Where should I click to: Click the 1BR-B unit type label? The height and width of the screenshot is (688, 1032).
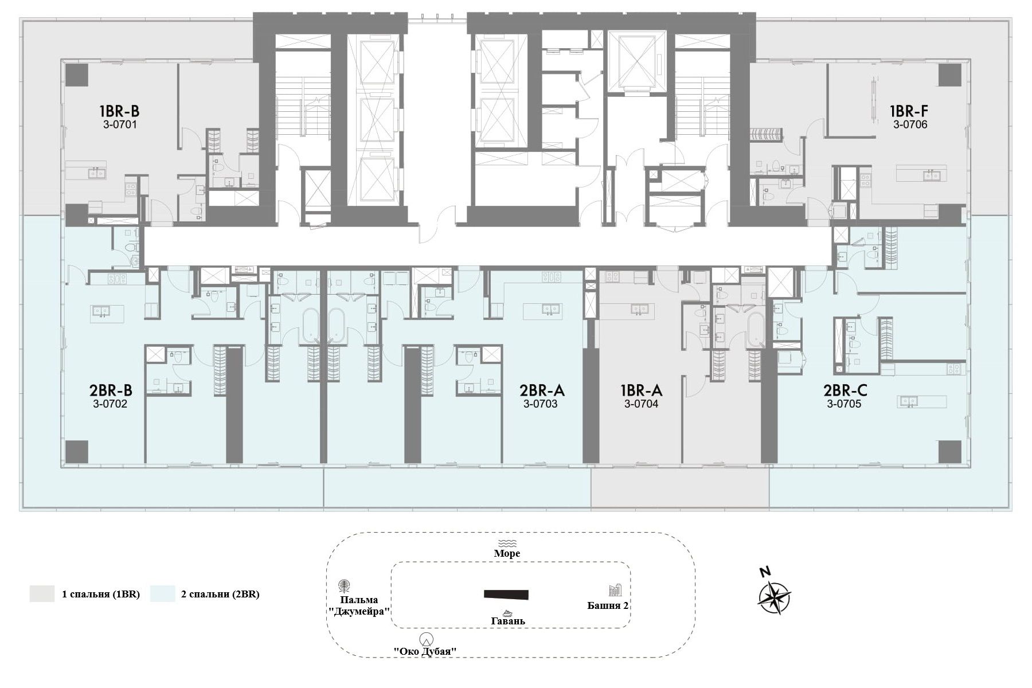click(119, 111)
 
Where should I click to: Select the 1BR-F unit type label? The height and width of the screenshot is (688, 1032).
click(909, 111)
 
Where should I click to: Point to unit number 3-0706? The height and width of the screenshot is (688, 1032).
click(910, 124)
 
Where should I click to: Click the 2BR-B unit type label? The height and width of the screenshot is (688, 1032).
click(111, 390)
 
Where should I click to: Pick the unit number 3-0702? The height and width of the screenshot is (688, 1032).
click(110, 404)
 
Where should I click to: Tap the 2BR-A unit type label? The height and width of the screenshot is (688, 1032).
click(542, 390)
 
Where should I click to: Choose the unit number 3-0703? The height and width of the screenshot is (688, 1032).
click(540, 404)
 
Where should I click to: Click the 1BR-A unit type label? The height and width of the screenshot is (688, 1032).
click(642, 390)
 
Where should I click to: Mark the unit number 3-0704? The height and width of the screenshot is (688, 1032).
click(641, 404)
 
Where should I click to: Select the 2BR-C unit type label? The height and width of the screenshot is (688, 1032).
click(845, 390)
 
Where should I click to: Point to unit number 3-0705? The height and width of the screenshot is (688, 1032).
click(844, 404)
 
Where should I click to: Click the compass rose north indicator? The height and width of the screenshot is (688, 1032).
click(764, 572)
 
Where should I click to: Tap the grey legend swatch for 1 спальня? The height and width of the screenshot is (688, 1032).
click(42, 594)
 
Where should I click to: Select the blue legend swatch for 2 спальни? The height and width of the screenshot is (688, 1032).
click(162, 594)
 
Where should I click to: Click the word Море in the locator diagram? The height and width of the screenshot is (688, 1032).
click(507, 553)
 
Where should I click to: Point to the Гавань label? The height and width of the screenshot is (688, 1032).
click(508, 621)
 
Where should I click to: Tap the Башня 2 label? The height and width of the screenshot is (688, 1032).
click(608, 605)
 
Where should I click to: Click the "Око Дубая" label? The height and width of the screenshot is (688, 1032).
click(425, 651)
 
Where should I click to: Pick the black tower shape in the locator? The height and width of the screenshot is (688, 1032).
click(506, 595)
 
